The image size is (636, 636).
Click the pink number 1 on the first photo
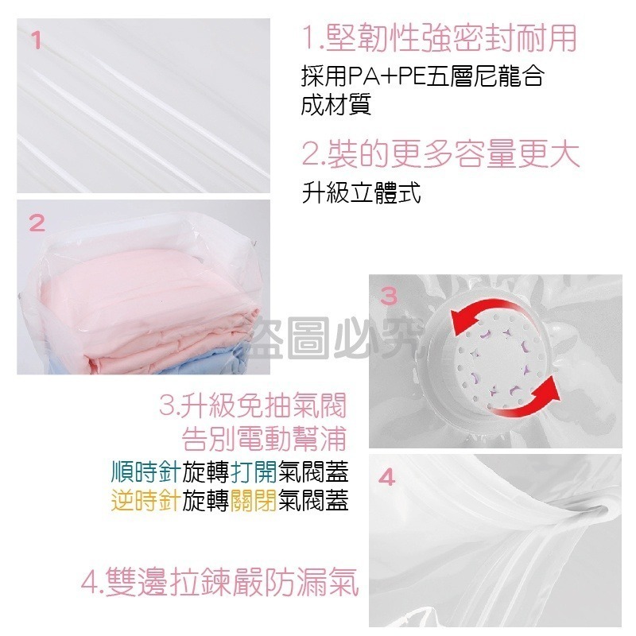[37, 40]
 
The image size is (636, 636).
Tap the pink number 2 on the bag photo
[37, 223]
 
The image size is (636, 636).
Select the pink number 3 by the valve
[389, 297]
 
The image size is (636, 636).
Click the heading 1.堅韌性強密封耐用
[439, 38]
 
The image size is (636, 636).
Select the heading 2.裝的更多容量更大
[440, 153]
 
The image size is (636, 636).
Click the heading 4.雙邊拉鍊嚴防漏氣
[219, 583]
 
